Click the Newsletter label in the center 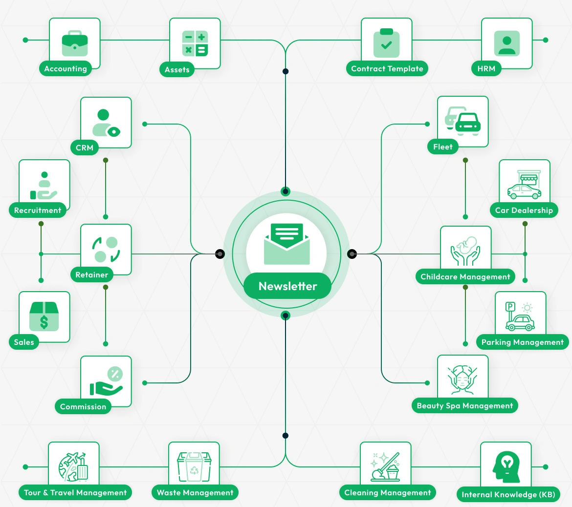coord(287,286)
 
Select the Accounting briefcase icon coord(75,43)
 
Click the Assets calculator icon coord(195,43)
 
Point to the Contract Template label coord(387,69)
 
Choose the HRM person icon coord(507,43)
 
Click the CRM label coord(85,148)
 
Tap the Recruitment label coord(38,211)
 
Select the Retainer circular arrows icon coord(106,250)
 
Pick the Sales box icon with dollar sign coord(44,316)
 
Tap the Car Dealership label coord(524,211)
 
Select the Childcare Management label coord(465,277)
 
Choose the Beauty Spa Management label coord(465,406)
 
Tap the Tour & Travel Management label coord(75,493)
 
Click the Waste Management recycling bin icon coord(194,467)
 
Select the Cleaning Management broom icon coord(386,467)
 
